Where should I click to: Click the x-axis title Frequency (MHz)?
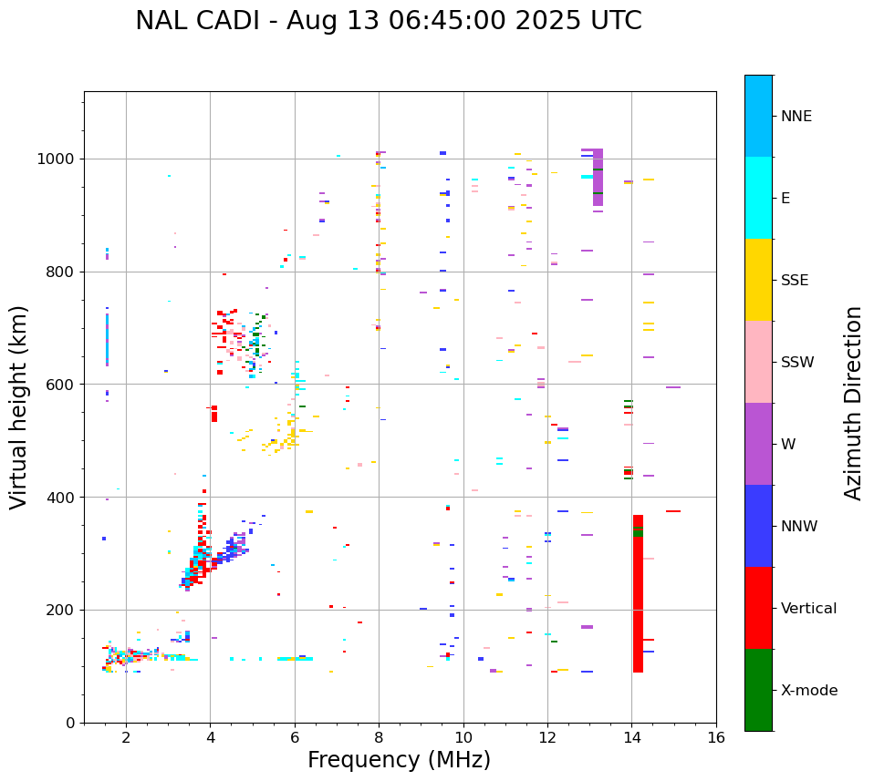(x=399, y=760)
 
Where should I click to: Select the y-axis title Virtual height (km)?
(x=20, y=406)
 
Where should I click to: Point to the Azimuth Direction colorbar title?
(x=853, y=403)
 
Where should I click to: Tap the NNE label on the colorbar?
(x=796, y=117)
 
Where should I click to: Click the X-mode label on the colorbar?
(x=808, y=691)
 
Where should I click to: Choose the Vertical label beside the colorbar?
(x=808, y=609)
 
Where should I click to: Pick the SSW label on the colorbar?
(x=797, y=363)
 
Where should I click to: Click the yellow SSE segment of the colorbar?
(x=758, y=280)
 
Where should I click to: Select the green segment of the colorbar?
(x=758, y=690)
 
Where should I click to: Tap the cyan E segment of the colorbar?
(x=758, y=198)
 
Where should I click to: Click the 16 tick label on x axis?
(x=715, y=737)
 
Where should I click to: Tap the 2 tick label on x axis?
(x=126, y=737)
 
